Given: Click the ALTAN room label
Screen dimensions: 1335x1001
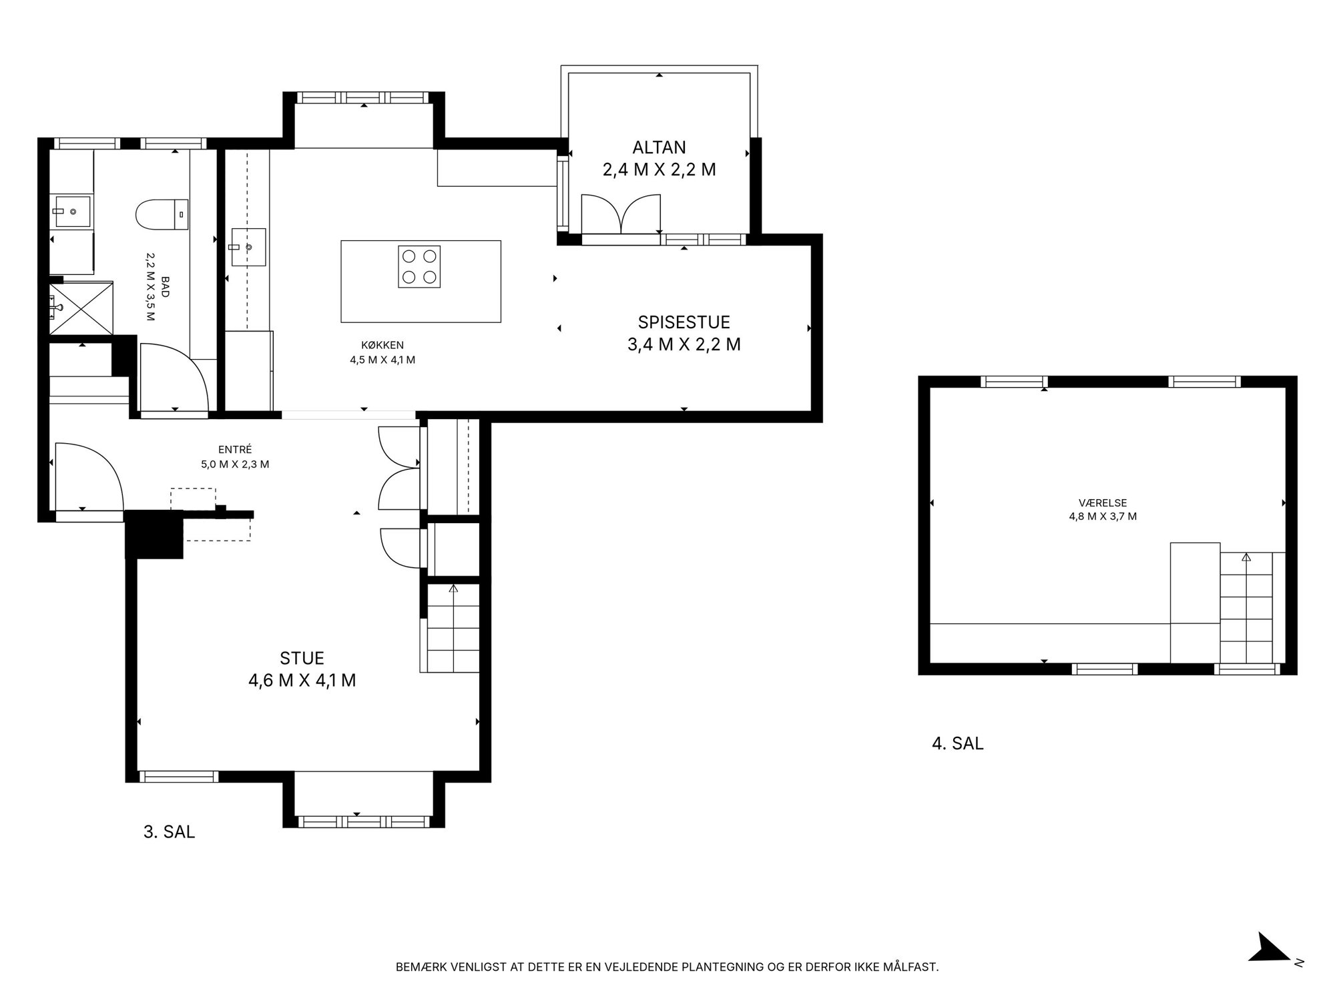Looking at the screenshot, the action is click(659, 147).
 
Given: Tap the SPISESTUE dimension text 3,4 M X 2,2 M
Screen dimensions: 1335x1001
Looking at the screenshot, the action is click(684, 344).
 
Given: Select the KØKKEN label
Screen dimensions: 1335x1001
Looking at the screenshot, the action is click(382, 345).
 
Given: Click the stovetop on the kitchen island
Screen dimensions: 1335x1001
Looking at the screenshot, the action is click(419, 267).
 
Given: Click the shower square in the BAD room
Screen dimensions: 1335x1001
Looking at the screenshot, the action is click(81, 308).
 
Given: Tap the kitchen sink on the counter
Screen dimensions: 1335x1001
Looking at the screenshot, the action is click(248, 248).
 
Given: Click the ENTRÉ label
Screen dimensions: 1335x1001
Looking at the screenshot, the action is click(235, 450).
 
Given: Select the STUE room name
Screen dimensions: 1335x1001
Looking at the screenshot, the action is click(302, 658).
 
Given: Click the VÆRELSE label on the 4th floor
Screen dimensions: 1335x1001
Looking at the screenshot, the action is click(1103, 503).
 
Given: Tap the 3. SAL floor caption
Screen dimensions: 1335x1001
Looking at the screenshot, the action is click(170, 832).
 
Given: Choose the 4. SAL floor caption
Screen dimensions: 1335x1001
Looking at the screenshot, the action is click(958, 743).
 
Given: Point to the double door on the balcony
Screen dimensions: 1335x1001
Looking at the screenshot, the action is click(621, 214).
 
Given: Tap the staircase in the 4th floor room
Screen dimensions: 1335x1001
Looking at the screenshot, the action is click(1246, 607).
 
